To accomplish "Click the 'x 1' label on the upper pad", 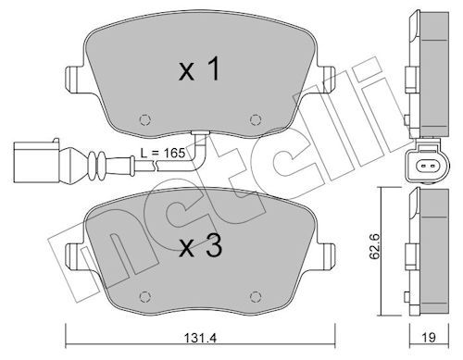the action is coord(199,69).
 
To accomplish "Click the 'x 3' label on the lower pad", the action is coord(201,246).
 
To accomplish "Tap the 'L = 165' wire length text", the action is coord(163,153).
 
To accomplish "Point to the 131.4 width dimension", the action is coord(200,338).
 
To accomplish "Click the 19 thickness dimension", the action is coord(429,338).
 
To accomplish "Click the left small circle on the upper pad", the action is coord(144,119).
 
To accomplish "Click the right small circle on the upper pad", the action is coord(256,119).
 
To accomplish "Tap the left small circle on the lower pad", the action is coord(144,297).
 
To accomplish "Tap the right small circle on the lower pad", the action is coord(256,297).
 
